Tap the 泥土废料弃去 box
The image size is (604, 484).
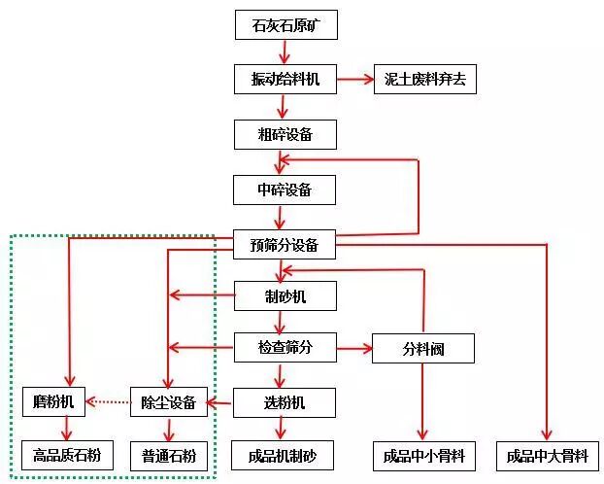424,79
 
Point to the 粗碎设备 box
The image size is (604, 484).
285,133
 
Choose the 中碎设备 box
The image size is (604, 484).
285,189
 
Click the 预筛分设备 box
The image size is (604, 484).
285,245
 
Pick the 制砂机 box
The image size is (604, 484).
285,295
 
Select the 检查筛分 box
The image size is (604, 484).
285,347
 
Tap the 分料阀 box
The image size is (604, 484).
422,348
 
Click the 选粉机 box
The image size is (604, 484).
285,401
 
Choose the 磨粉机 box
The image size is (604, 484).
54,400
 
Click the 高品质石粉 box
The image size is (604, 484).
67,454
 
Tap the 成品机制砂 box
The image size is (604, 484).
282,455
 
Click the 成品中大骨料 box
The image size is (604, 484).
547,455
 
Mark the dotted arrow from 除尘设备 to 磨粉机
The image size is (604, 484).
108,400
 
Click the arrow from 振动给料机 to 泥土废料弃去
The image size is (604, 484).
354,79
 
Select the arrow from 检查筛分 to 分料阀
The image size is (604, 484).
353,347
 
